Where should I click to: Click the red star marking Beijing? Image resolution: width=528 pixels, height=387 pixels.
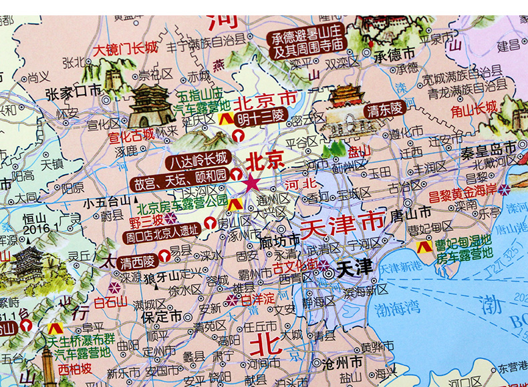(x=252, y=183)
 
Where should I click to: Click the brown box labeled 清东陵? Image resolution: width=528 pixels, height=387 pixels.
(x=384, y=111)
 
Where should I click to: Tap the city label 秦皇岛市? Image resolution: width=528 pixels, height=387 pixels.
(x=489, y=147)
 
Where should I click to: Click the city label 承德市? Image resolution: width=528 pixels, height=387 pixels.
(x=394, y=53)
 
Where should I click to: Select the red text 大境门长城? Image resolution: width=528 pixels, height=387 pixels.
(x=125, y=49)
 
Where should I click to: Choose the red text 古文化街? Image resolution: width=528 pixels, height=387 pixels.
(x=294, y=270)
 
